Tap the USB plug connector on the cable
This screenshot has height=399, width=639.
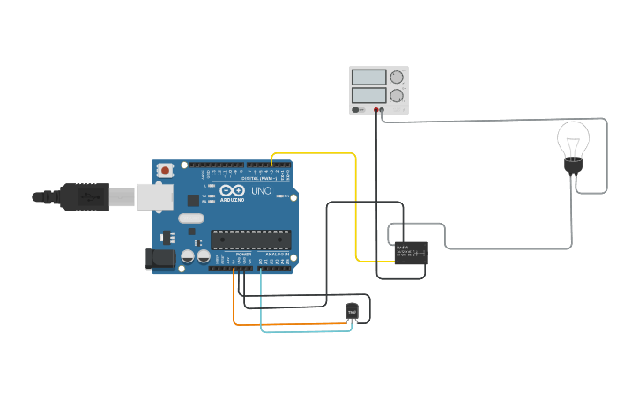click(x=84, y=197)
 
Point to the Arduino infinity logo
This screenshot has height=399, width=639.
click(x=233, y=190)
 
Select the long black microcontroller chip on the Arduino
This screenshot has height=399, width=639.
click(x=250, y=239)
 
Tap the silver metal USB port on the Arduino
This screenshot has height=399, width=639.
click(x=155, y=196)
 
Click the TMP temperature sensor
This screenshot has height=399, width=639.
click(x=353, y=311)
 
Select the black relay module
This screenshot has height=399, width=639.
click(x=412, y=253)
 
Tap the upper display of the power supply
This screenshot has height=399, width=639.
click(x=368, y=78)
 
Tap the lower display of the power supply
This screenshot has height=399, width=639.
click(x=368, y=94)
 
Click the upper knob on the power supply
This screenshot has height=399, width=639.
click(x=398, y=77)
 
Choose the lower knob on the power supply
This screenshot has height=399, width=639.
click(x=398, y=95)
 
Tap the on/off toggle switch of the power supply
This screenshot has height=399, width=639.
click(x=356, y=110)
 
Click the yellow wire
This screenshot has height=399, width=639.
click(x=356, y=203)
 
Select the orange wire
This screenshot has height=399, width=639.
click(x=291, y=324)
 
